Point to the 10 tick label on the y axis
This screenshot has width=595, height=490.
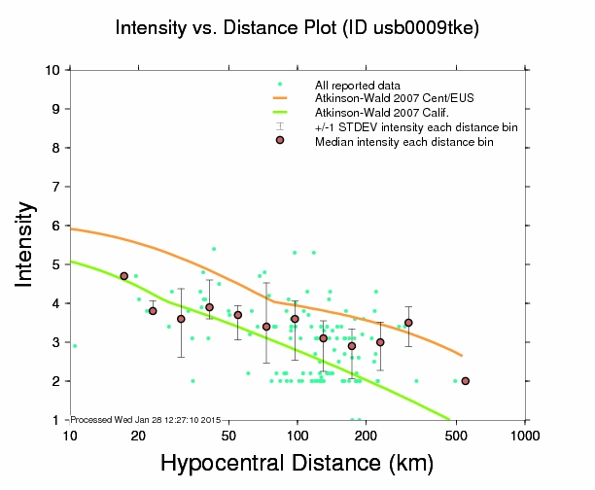52,70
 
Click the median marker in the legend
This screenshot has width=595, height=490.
280,140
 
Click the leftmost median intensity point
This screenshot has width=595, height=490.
123,276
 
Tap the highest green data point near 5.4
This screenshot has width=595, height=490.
214,249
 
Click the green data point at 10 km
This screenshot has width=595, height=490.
74,346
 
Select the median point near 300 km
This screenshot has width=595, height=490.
408,323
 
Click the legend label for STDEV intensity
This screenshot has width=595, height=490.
416,127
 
